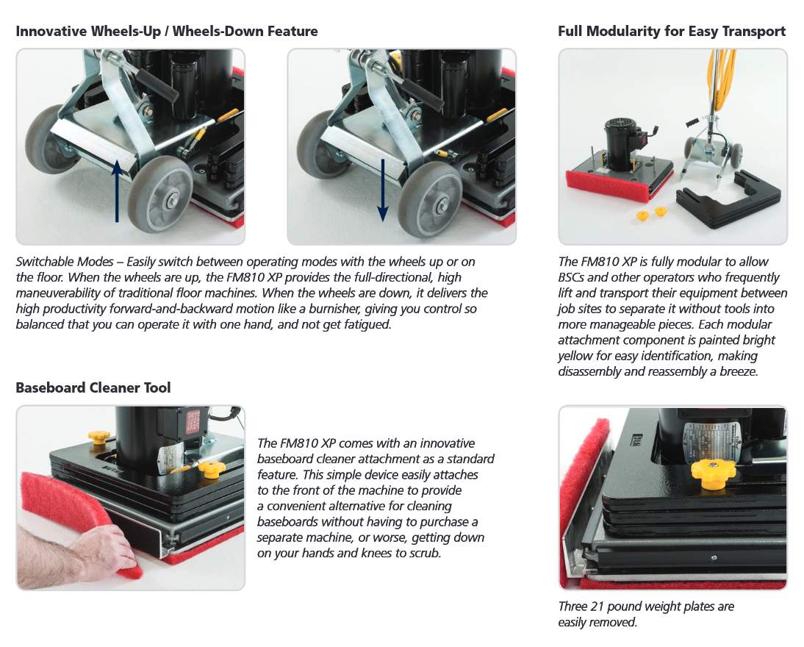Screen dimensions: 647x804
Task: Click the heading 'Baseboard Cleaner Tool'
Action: click(93, 387)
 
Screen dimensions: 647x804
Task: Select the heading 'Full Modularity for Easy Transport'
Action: click(671, 31)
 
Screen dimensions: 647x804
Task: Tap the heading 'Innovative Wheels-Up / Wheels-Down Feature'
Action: click(167, 31)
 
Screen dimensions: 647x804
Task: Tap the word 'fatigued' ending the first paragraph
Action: click(365, 324)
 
